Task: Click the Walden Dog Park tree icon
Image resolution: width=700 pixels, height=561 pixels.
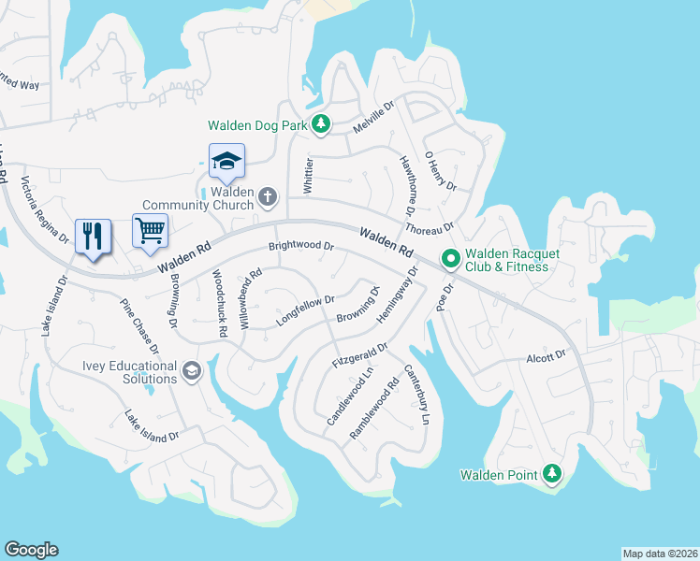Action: (321, 124)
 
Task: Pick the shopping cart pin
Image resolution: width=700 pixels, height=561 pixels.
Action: (150, 229)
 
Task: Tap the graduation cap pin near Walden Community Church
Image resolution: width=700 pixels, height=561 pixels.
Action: (226, 162)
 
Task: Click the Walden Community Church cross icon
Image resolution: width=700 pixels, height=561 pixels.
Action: (268, 196)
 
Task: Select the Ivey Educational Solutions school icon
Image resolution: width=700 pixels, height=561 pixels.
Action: (192, 371)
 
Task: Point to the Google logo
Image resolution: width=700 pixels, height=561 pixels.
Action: (31, 550)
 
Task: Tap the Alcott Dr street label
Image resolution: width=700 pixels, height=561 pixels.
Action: (547, 355)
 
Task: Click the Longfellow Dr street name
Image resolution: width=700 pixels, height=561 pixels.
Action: (305, 310)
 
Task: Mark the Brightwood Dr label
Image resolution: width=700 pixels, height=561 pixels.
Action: (301, 247)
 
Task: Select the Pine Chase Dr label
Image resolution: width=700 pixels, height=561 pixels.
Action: (139, 326)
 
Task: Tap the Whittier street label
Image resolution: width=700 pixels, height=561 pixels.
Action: (308, 176)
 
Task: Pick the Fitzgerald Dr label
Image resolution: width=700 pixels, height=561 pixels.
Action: (361, 356)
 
